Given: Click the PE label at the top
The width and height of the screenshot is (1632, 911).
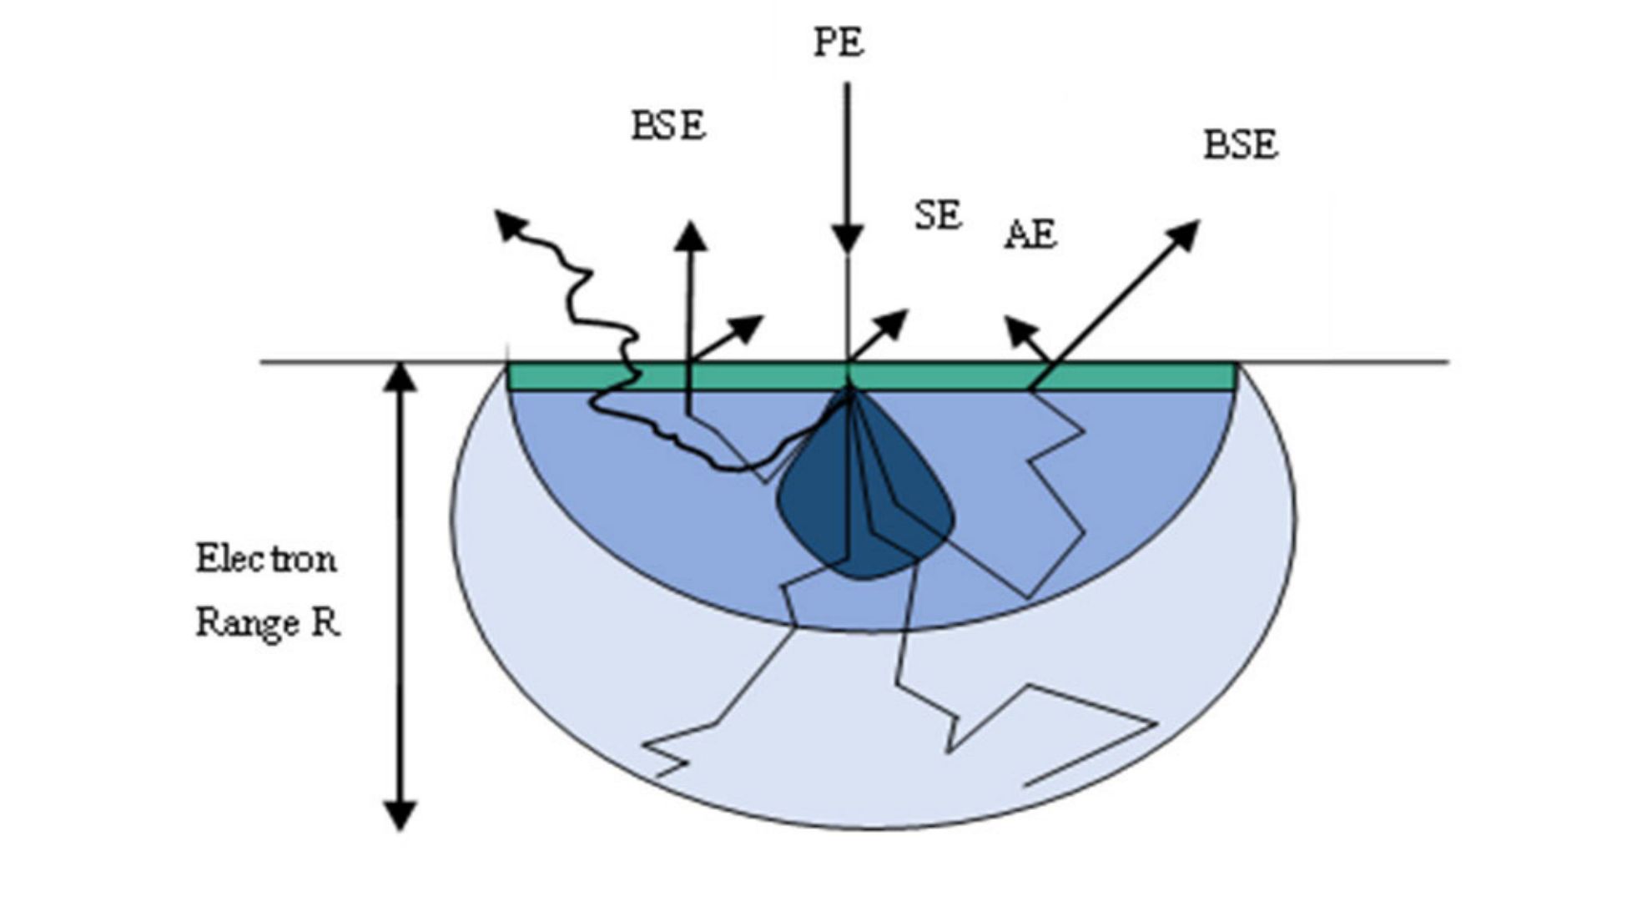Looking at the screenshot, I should pyautogui.click(x=839, y=43).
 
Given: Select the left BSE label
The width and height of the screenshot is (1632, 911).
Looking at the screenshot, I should pyautogui.click(x=667, y=127).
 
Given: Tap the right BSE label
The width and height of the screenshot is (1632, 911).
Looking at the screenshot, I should pyautogui.click(x=1240, y=145).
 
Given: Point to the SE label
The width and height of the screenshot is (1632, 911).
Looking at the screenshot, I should pyautogui.click(x=939, y=216).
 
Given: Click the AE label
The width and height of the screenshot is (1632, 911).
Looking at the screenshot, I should pyautogui.click(x=1030, y=234).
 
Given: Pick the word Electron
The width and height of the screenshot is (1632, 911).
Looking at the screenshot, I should pyautogui.click(x=266, y=558).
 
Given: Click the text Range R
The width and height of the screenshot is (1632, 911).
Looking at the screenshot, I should pyautogui.click(x=268, y=622).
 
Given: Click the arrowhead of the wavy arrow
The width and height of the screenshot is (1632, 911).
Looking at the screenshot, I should pyautogui.click(x=510, y=224).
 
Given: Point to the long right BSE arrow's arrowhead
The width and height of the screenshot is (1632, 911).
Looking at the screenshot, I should pyautogui.click(x=1186, y=233).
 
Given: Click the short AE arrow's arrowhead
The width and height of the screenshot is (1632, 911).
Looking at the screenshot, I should pyautogui.click(x=1016, y=329).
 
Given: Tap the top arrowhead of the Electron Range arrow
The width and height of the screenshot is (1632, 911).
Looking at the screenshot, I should pyautogui.click(x=400, y=377).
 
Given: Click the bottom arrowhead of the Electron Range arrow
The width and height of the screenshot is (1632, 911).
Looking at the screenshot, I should pyautogui.click(x=400, y=815).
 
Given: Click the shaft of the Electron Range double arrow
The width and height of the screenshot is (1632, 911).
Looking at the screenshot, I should pyautogui.click(x=400, y=596).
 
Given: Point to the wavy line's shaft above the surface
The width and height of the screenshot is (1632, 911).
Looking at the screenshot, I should pyautogui.click(x=584, y=284).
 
